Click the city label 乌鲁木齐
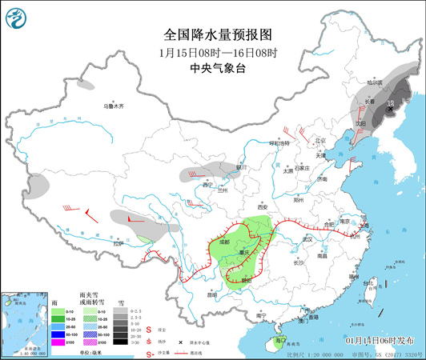tap(114, 106)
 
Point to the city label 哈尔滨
tap(388, 82)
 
